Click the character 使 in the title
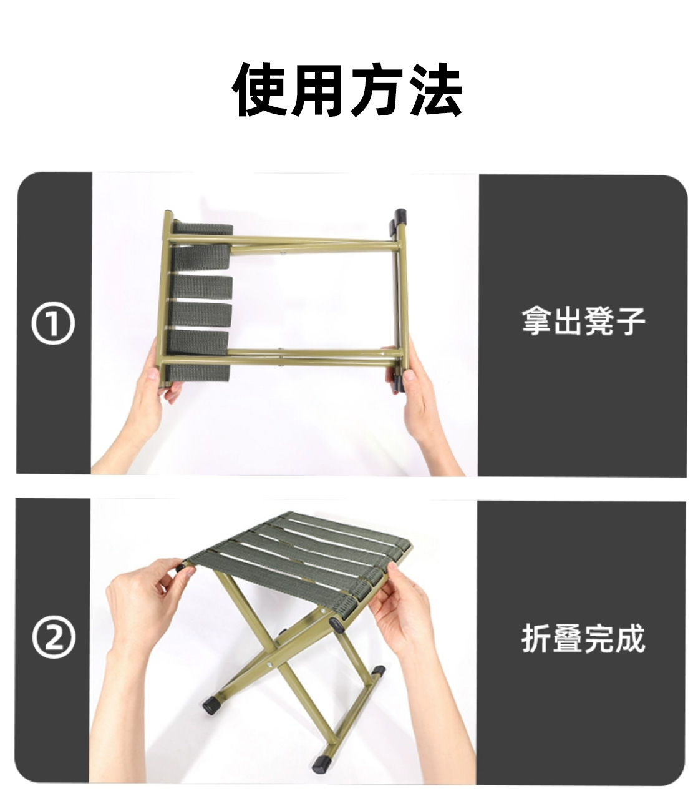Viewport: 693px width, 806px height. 261,91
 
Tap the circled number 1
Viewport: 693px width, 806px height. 53,324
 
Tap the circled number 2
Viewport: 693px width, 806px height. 53,637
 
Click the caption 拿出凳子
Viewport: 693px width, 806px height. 583,321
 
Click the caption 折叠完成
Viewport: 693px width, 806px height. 583,638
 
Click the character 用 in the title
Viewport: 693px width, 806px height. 318,91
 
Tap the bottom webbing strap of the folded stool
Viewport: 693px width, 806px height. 200,373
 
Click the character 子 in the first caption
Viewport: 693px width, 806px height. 629,321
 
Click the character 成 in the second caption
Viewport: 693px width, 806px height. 629,638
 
